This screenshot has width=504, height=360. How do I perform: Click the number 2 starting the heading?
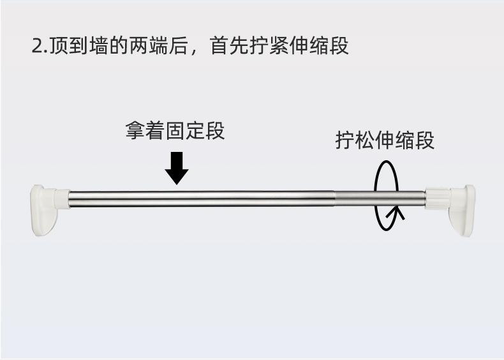click(36, 47)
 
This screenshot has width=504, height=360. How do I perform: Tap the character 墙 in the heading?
click(106, 47)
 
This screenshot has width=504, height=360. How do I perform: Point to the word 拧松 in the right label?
click(355, 140)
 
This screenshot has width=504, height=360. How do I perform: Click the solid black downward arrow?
click(177, 168)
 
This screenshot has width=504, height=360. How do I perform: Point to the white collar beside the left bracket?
click(61, 199)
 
